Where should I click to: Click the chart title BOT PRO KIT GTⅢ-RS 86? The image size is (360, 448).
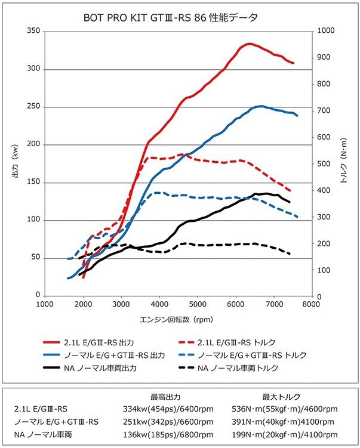click(x=171, y=17)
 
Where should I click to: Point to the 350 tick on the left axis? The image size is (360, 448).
click(x=33, y=31)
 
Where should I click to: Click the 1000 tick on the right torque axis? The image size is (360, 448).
click(x=326, y=31)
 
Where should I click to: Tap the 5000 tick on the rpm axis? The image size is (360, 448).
click(x=196, y=304)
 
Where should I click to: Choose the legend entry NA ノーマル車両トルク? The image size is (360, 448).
click(x=246, y=368)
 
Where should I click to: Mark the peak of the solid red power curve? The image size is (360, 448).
click(x=249, y=44)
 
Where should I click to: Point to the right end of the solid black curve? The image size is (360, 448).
click(x=290, y=202)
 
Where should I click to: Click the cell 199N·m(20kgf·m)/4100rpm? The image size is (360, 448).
click(x=284, y=434)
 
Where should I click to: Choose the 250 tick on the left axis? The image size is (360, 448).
click(x=33, y=107)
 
